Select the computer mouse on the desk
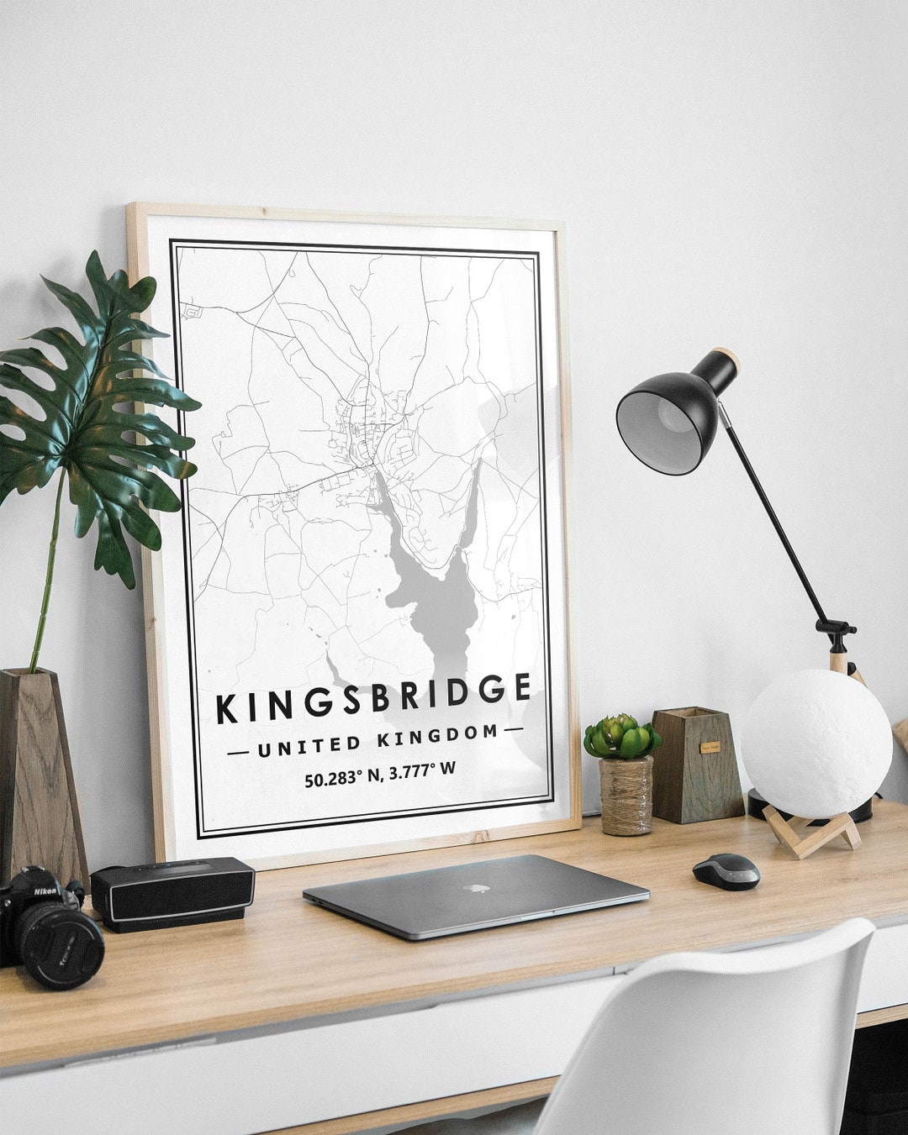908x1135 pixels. point(726,871)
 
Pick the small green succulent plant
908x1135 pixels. point(622,736)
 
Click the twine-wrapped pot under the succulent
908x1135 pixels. point(626,795)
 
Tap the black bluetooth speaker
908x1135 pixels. point(172,893)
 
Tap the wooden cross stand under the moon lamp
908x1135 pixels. point(811,833)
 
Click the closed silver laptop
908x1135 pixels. point(476,894)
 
